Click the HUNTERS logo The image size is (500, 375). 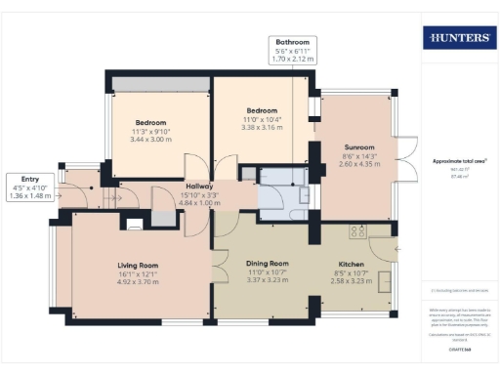[x=457, y=38]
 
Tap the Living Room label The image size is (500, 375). [x=139, y=265]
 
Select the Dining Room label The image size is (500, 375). [x=267, y=264]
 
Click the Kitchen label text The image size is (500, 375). [x=351, y=264]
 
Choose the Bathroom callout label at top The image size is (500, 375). [x=292, y=43]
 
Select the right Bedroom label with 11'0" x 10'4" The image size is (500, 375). [x=262, y=110]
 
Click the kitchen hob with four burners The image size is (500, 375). [x=358, y=231]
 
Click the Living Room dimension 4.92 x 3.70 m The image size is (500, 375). [x=139, y=284]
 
